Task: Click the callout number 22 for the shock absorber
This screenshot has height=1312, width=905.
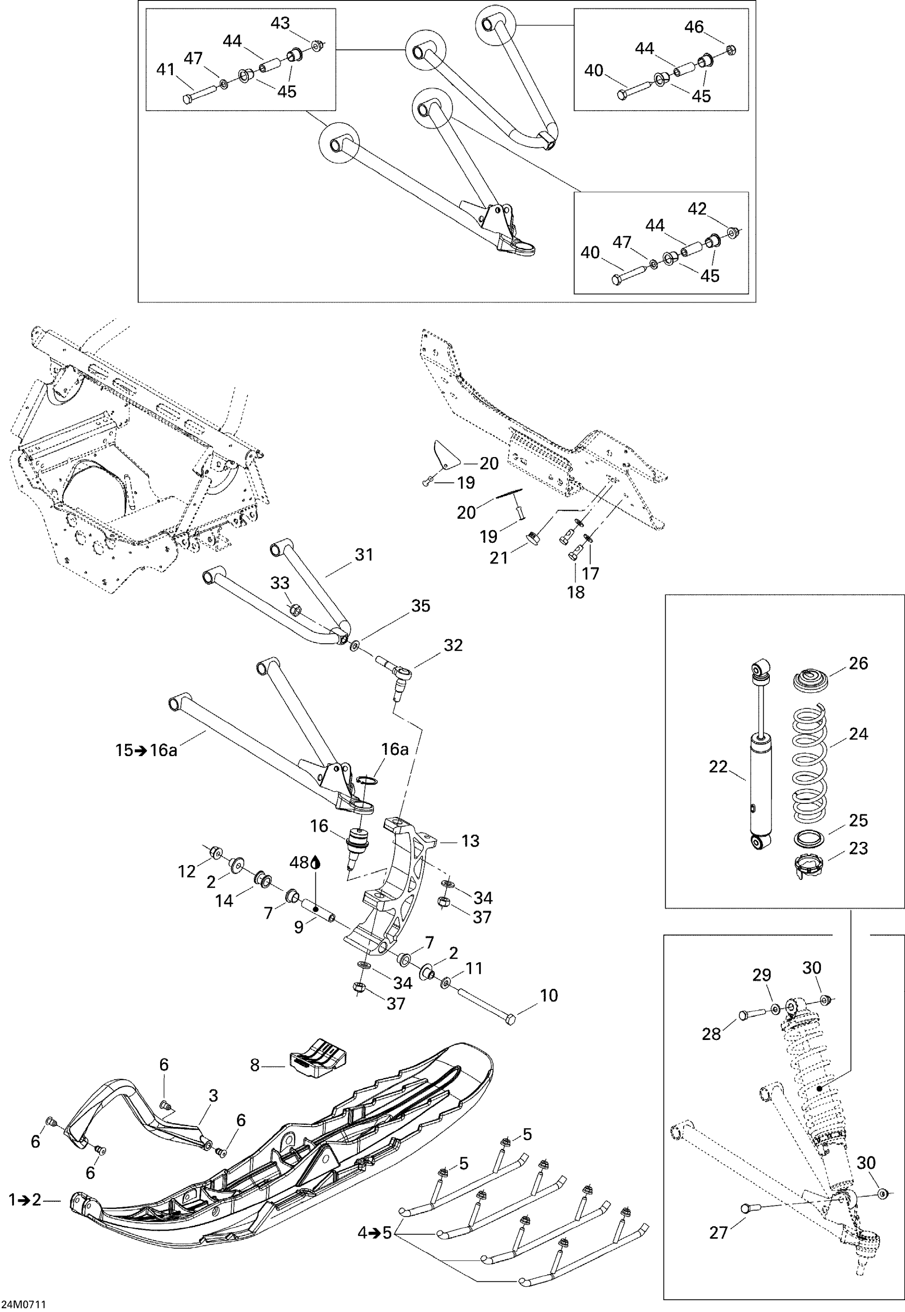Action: (718, 767)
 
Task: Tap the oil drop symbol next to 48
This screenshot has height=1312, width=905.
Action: (316, 863)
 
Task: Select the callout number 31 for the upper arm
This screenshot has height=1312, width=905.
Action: (363, 554)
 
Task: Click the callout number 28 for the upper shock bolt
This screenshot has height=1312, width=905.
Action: (711, 1033)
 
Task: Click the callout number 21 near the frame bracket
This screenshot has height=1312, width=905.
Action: (499, 558)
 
